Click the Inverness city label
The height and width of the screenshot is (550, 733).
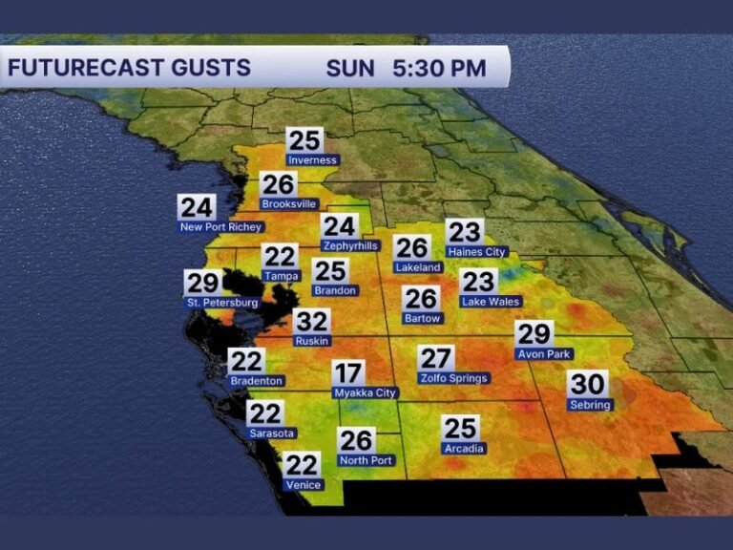(312, 160)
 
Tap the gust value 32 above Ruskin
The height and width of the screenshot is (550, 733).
(311, 322)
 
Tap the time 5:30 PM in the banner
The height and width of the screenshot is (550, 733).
(438, 69)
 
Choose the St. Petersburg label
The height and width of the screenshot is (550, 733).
(221, 303)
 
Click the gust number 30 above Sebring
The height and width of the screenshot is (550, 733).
(587, 384)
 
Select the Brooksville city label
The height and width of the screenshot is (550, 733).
(288, 203)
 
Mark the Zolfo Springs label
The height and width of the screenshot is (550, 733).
(453, 378)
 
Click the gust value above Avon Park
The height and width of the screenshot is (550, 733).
(534, 333)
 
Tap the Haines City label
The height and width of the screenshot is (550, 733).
(477, 252)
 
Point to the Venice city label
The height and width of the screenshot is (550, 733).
(303, 485)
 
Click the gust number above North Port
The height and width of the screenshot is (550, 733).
(356, 440)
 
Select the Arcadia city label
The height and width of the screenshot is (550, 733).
(464, 449)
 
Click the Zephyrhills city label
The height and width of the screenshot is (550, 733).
(350, 245)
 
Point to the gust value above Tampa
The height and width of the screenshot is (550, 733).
(281, 256)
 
